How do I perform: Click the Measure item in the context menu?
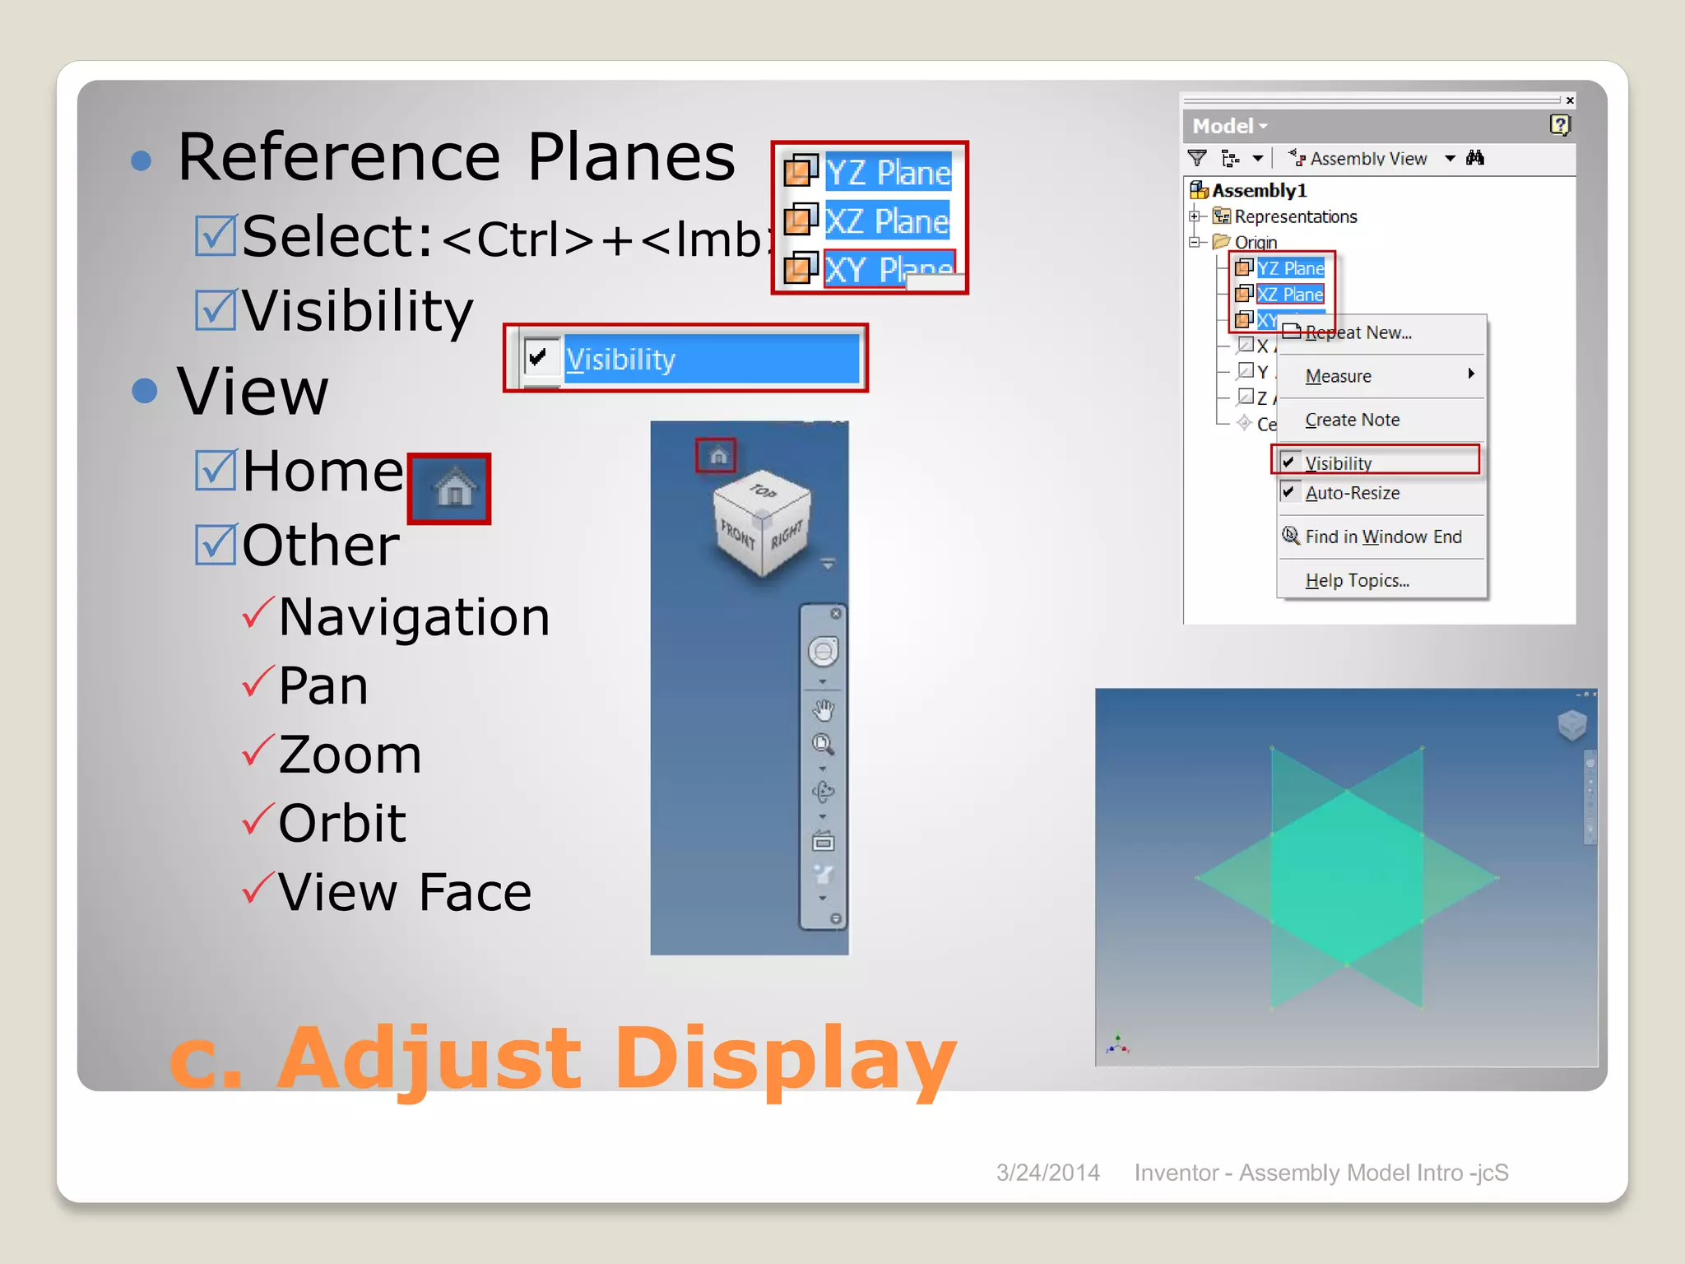click(x=1339, y=376)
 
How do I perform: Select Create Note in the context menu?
click(x=1352, y=420)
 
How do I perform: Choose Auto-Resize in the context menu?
click(x=1352, y=493)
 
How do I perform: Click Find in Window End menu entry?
click(x=1383, y=537)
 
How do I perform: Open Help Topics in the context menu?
click(x=1357, y=580)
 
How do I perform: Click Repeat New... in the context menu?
click(x=1358, y=332)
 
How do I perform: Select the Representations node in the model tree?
click(x=1295, y=216)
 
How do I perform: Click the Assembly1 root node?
click(x=1259, y=191)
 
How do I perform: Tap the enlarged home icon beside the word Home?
click(x=450, y=489)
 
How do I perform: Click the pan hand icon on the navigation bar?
click(x=823, y=709)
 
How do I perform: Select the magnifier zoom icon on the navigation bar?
click(x=823, y=744)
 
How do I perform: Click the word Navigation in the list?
click(x=414, y=617)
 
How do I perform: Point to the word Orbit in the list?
click(x=342, y=822)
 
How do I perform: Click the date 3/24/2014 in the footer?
click(x=1047, y=1173)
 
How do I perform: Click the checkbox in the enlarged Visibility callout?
click(x=539, y=358)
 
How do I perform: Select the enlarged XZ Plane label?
click(x=887, y=221)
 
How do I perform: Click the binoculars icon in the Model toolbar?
click(x=1475, y=158)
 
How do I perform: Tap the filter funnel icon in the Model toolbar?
click(x=1197, y=158)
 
